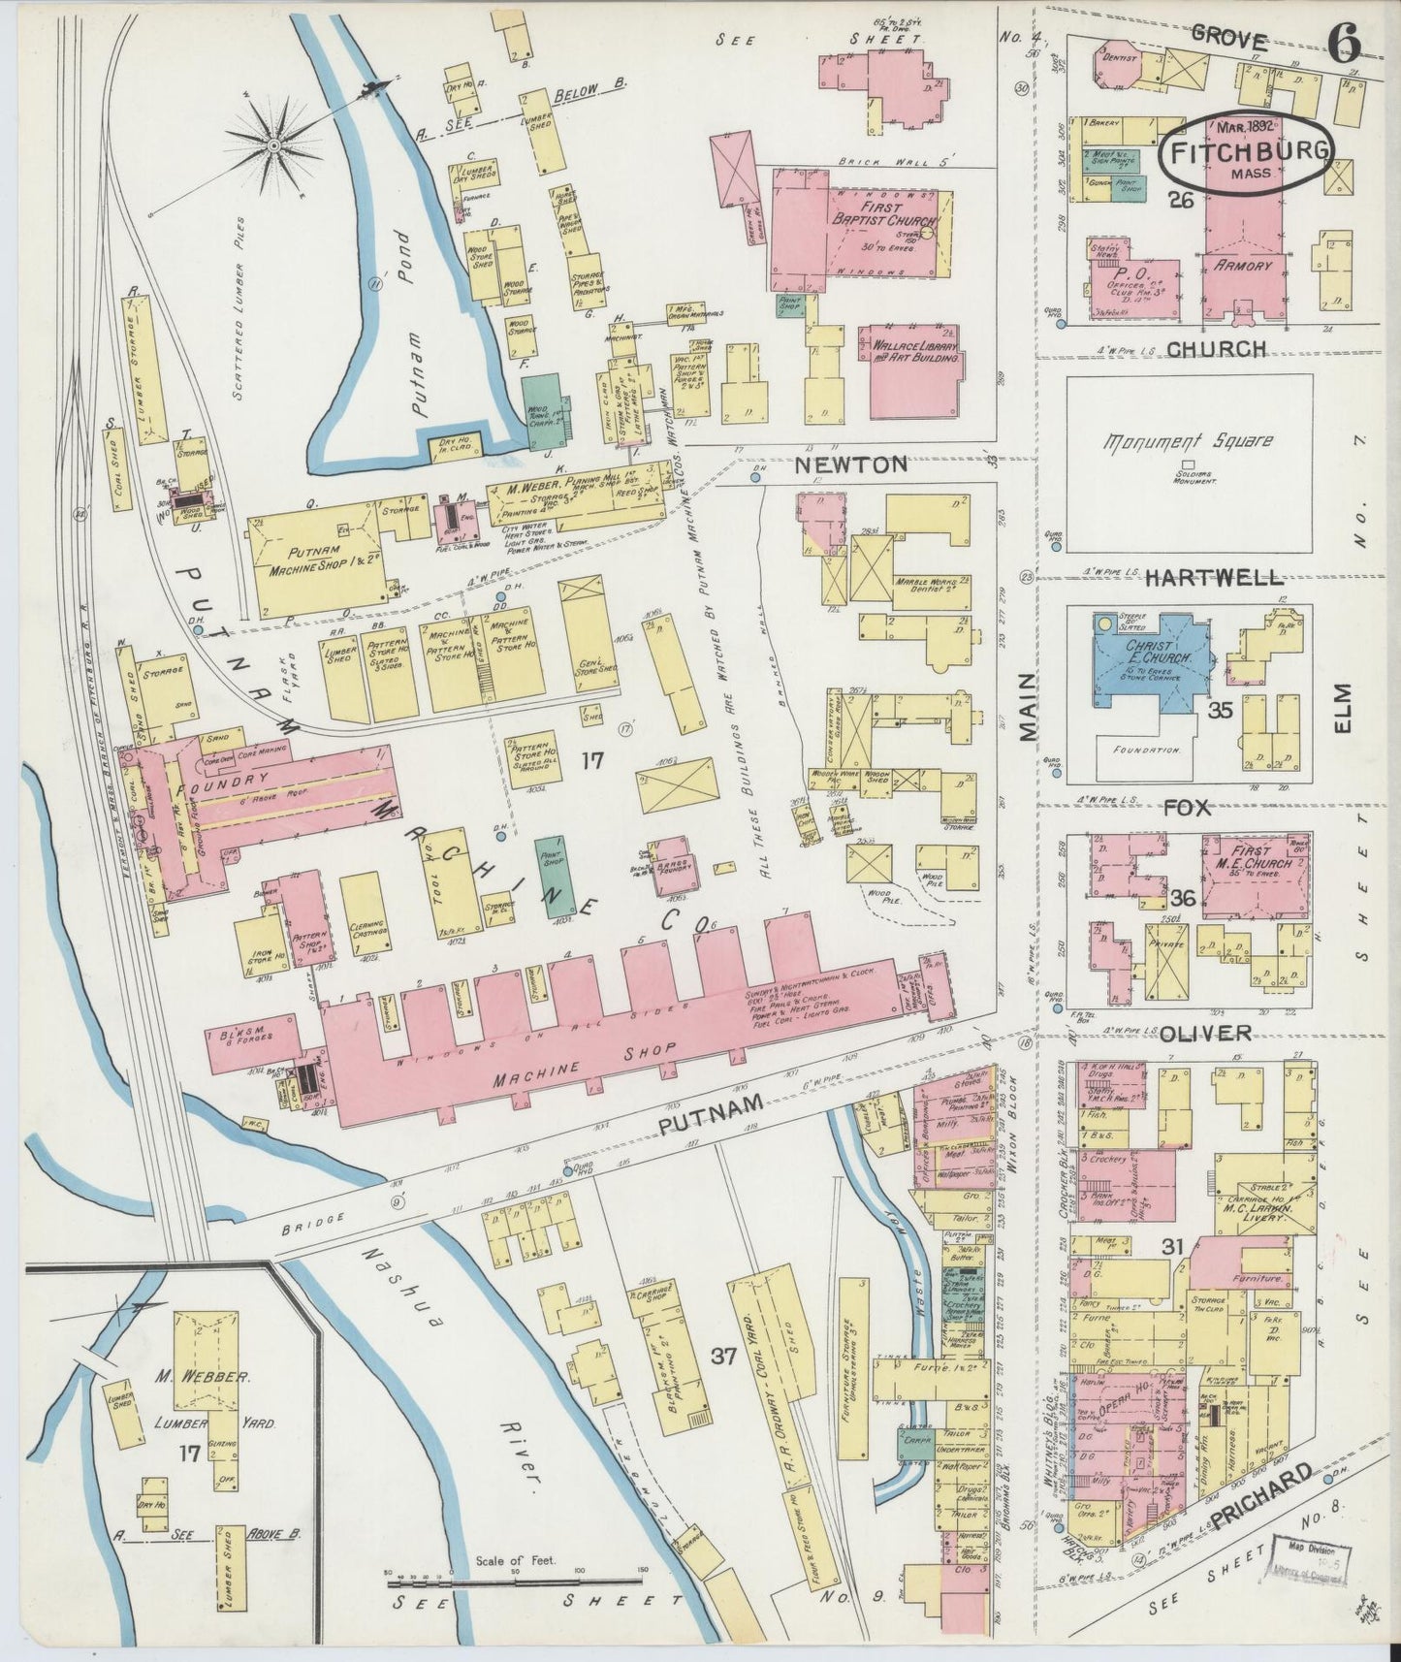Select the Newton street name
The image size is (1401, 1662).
point(851,463)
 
